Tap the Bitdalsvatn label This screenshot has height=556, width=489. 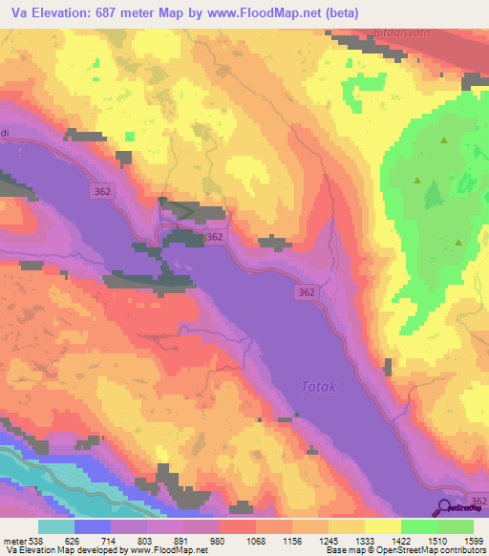click(410, 32)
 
